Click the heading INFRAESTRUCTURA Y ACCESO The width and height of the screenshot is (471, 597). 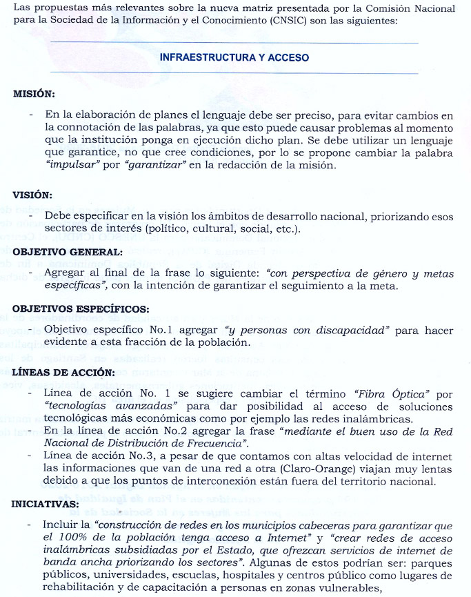tap(234, 58)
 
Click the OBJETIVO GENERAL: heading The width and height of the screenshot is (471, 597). tap(67, 252)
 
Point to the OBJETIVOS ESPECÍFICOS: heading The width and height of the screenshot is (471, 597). tap(81, 309)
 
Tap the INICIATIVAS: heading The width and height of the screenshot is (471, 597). tap(46, 504)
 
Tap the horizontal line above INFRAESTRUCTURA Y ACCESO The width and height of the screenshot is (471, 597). tap(234, 43)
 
